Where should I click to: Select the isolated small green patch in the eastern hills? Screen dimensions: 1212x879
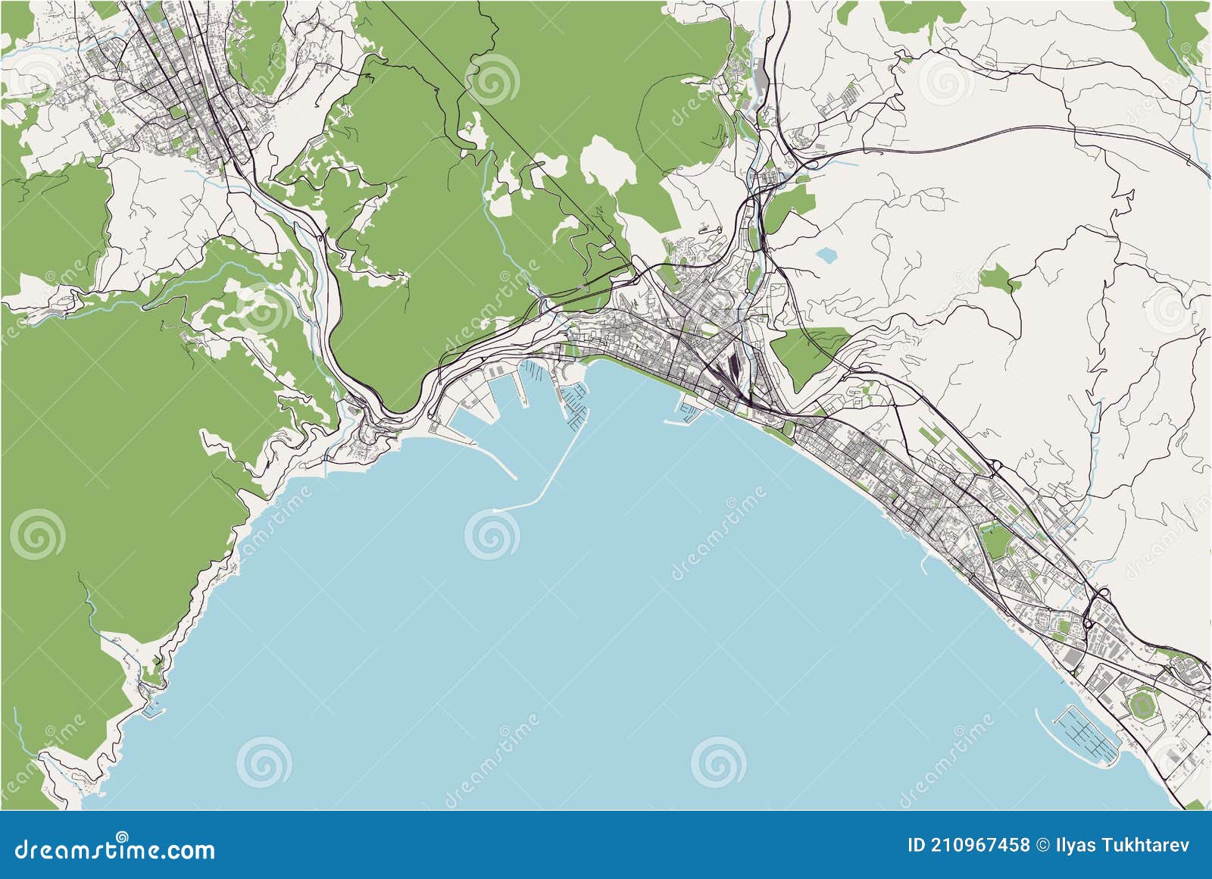(1000, 280)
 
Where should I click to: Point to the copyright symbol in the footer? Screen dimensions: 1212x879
(1043, 845)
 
